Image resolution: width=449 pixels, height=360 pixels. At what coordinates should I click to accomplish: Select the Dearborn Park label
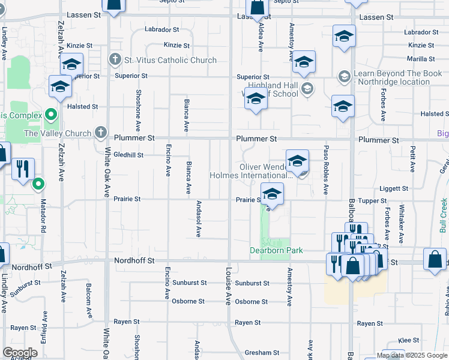pyautogui.click(x=276, y=250)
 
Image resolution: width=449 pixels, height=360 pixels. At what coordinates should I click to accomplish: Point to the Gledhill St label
pyautogui.click(x=128, y=155)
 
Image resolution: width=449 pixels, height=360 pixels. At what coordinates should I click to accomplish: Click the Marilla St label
pyautogui.click(x=421, y=59)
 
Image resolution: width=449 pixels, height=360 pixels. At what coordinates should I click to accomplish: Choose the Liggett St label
pyautogui.click(x=394, y=188)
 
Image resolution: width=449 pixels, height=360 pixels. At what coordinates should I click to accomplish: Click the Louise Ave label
pyautogui.click(x=228, y=286)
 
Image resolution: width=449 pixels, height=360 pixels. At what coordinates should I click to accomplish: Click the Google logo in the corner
pyautogui.click(x=20, y=352)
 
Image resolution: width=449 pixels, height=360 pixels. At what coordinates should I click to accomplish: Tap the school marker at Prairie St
pyautogui.click(x=272, y=195)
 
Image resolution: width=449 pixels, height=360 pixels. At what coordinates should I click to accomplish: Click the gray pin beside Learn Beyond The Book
pyautogui.click(x=345, y=76)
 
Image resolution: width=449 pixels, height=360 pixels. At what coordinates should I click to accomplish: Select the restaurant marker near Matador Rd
pyautogui.click(x=23, y=169)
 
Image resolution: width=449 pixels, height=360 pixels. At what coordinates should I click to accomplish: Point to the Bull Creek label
pyautogui.click(x=443, y=215)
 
